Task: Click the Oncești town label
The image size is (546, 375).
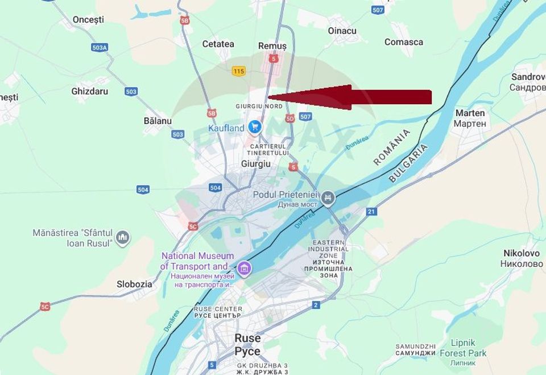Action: point(88,20)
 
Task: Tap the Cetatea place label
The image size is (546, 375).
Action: point(218,44)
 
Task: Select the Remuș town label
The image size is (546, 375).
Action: point(272,46)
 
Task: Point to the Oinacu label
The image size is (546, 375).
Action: point(342,31)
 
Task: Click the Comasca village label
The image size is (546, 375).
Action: point(404,42)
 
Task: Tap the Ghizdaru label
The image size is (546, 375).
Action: point(90,91)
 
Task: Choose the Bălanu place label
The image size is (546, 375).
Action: point(158,121)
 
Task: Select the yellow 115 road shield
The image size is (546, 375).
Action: point(238,71)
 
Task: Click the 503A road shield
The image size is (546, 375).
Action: point(100,47)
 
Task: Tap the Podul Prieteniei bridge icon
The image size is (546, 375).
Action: point(328,198)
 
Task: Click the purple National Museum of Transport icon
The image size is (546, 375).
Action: point(244,267)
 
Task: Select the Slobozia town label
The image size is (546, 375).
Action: point(134,284)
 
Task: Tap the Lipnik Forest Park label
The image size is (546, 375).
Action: point(463,348)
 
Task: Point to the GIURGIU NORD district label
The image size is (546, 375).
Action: point(259,106)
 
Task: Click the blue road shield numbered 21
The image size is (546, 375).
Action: point(371,212)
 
